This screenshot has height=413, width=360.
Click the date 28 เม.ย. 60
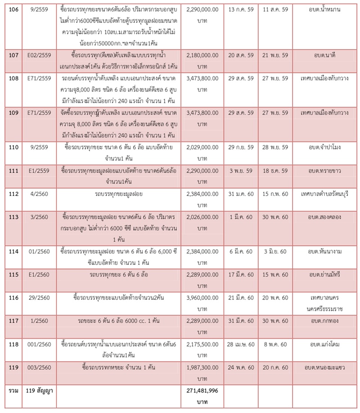pyautogui.click(x=240, y=344)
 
